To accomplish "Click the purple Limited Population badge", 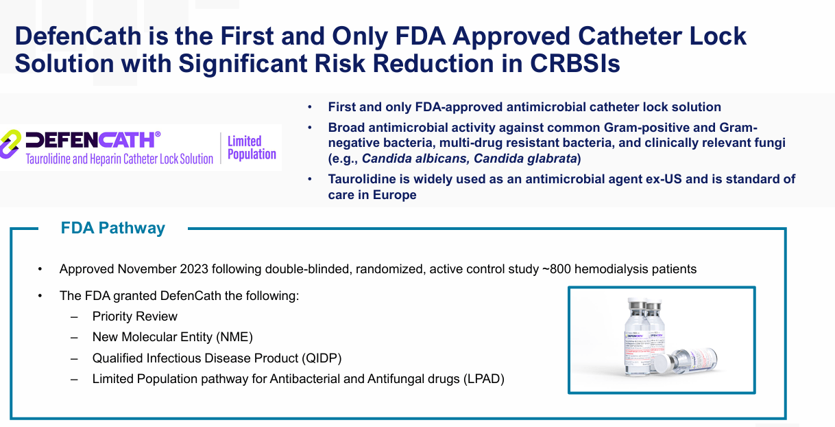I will (252, 148).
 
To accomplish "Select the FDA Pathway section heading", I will (113, 228).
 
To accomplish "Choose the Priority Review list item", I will (135, 316).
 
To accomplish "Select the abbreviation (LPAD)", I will (483, 378).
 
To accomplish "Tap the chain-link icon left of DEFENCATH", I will (11, 143).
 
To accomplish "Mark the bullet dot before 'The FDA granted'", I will (40, 297).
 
